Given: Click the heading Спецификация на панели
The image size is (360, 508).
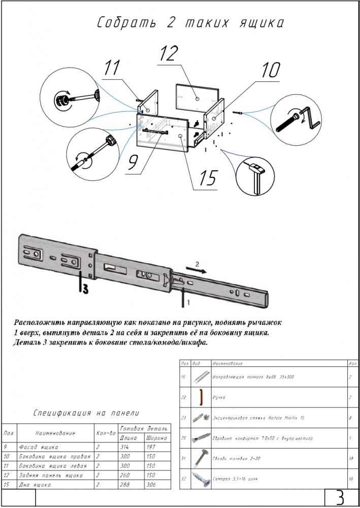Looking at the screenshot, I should tap(86, 414).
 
